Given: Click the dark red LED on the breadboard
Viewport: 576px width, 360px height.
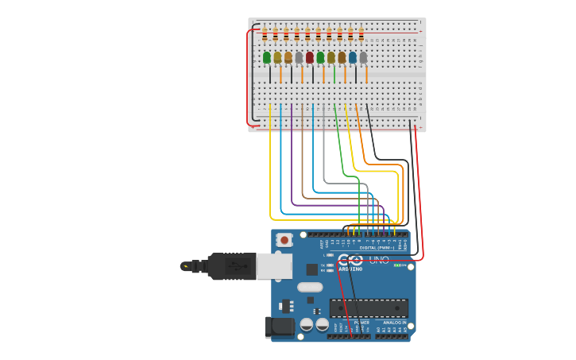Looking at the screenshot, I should (310, 57).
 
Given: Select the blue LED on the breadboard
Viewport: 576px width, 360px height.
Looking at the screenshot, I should (353, 57).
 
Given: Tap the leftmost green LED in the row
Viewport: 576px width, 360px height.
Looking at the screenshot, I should (267, 57).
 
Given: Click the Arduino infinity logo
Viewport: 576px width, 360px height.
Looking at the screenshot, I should (350, 260).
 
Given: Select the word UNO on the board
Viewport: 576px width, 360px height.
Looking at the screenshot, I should (379, 260).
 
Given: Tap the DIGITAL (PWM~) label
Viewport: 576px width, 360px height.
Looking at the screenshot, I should (377, 247).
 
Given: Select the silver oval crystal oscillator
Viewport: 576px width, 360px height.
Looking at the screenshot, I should (310, 287).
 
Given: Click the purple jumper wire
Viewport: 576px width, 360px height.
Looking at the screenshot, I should (292, 159).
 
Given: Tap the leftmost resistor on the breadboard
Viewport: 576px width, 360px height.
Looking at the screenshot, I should (265, 35).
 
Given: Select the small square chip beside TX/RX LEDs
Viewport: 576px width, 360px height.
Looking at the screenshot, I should (311, 269).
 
